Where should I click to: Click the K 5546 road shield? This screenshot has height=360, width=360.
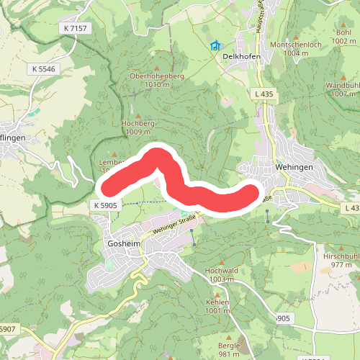coord(43,69)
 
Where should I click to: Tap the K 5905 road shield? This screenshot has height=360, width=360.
coord(104,205)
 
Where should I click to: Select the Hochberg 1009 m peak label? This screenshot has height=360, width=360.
coord(139,127)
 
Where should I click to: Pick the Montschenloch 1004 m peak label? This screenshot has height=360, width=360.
coord(294,49)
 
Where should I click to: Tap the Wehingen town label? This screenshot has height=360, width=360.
coord(293,166)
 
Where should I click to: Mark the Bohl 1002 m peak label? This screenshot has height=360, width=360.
coord(341,37)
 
